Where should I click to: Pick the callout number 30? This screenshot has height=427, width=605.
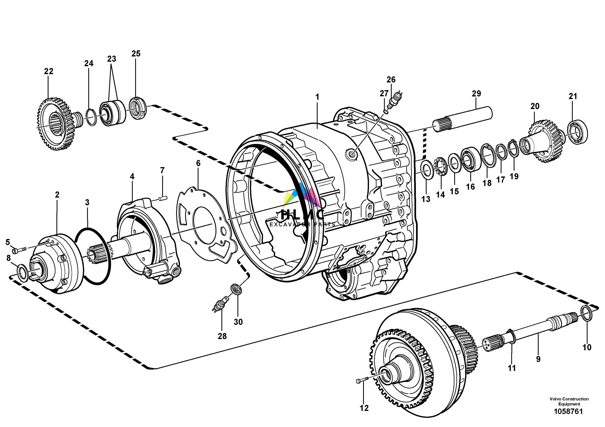[x=238, y=322]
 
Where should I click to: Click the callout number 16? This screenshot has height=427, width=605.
[x=470, y=187]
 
